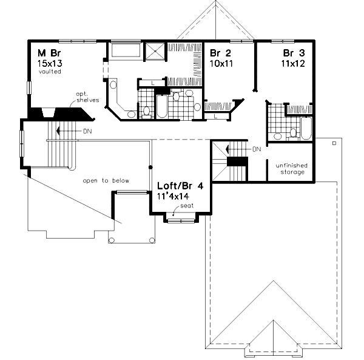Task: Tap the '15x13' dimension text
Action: click(x=49, y=63)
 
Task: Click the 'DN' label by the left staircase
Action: click(x=88, y=130)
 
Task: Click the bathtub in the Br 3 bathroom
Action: click(x=305, y=127)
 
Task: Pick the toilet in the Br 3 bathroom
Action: click(x=293, y=132)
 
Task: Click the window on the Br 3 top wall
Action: click(x=285, y=41)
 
